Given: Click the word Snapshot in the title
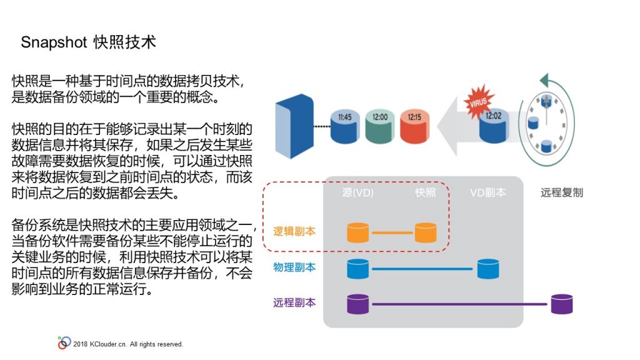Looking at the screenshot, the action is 54,42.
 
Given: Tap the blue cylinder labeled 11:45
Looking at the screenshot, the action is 344,126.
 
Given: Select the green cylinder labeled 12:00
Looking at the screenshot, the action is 379,126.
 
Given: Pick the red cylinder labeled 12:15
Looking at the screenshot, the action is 414,126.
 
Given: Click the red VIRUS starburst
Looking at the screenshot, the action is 478,101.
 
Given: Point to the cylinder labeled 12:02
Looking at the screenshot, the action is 494,126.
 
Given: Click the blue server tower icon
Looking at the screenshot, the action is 294,126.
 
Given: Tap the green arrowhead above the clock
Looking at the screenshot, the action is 544,81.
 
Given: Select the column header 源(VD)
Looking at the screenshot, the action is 358,192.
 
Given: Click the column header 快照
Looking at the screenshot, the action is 425,192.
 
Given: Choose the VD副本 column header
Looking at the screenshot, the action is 487,192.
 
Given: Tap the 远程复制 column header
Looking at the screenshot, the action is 562,192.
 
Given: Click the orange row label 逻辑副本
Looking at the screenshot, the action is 294,231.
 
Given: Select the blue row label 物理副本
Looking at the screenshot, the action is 294,267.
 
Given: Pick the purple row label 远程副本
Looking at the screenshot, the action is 294,302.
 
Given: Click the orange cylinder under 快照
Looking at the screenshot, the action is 425,232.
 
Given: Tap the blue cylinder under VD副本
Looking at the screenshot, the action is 487,269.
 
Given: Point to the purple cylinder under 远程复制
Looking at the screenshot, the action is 562,304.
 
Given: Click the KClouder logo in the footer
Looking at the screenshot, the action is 64,343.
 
